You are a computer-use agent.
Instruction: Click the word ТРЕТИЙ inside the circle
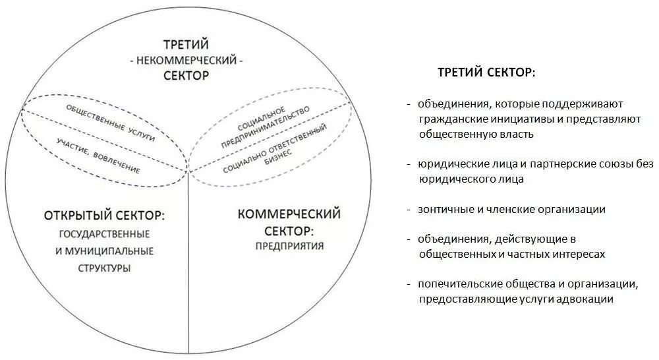click(186, 45)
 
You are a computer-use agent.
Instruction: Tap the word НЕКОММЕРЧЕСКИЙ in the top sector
click(186, 60)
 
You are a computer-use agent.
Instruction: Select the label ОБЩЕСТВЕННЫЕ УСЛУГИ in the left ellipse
click(110, 123)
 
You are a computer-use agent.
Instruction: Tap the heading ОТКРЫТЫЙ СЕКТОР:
click(104, 216)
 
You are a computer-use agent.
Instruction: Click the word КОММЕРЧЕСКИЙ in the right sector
click(289, 214)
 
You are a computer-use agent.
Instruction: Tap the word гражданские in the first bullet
click(453, 119)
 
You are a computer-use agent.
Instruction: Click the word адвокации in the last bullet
click(587, 299)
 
